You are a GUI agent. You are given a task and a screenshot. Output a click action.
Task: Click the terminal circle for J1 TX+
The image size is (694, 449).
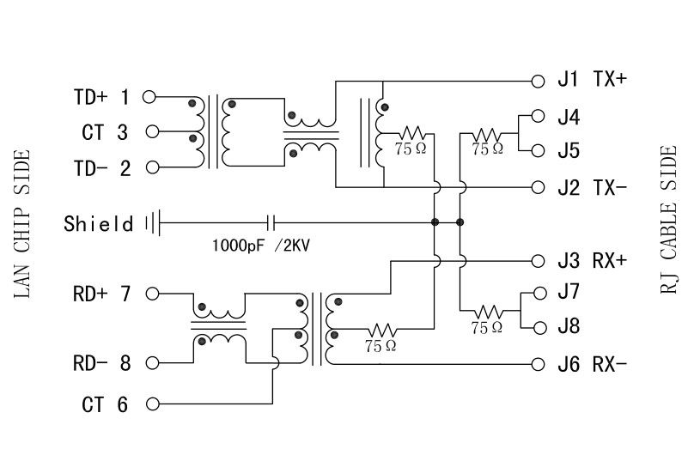[x=538, y=81]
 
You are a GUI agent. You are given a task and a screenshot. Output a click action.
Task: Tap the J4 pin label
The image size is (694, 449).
[x=569, y=116]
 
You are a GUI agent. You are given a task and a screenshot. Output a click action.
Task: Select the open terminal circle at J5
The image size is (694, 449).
[x=538, y=151]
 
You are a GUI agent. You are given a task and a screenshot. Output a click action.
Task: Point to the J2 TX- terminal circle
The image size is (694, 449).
[x=538, y=187]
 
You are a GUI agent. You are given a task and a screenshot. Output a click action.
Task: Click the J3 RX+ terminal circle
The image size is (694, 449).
[x=538, y=261]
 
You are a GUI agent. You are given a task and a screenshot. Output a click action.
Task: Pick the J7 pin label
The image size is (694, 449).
[x=569, y=292]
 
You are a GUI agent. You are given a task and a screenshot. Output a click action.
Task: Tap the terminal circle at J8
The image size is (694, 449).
[x=538, y=328]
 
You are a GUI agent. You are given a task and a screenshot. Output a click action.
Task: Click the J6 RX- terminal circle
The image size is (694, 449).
[x=538, y=364]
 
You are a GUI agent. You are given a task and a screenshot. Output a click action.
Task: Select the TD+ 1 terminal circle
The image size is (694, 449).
[x=149, y=97]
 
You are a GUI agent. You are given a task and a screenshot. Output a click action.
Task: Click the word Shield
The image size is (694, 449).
[x=99, y=224]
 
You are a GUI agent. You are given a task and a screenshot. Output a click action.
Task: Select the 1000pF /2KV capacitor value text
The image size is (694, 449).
[x=261, y=245]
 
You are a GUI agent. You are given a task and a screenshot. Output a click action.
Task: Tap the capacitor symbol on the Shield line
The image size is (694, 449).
[x=272, y=222]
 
